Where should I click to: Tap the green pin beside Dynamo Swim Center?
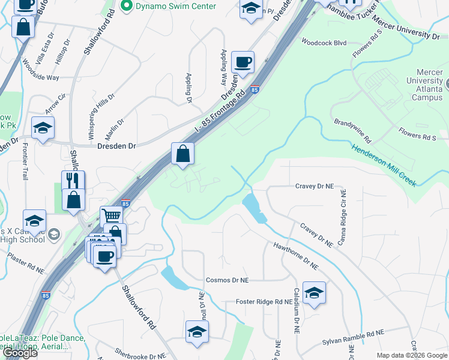pos(127,7)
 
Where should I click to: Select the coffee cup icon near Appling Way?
pos(243,62)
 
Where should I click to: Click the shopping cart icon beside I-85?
pos(111,215)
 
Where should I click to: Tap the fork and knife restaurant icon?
pos(73,181)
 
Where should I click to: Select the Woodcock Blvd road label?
pos(324,43)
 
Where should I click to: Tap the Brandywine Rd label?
pos(353,130)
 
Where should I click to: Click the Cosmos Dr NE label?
pos(227,280)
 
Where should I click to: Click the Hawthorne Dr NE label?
pos(295,254)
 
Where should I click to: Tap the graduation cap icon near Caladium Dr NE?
pos(314,293)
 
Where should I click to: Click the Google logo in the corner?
pos(20,353)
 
